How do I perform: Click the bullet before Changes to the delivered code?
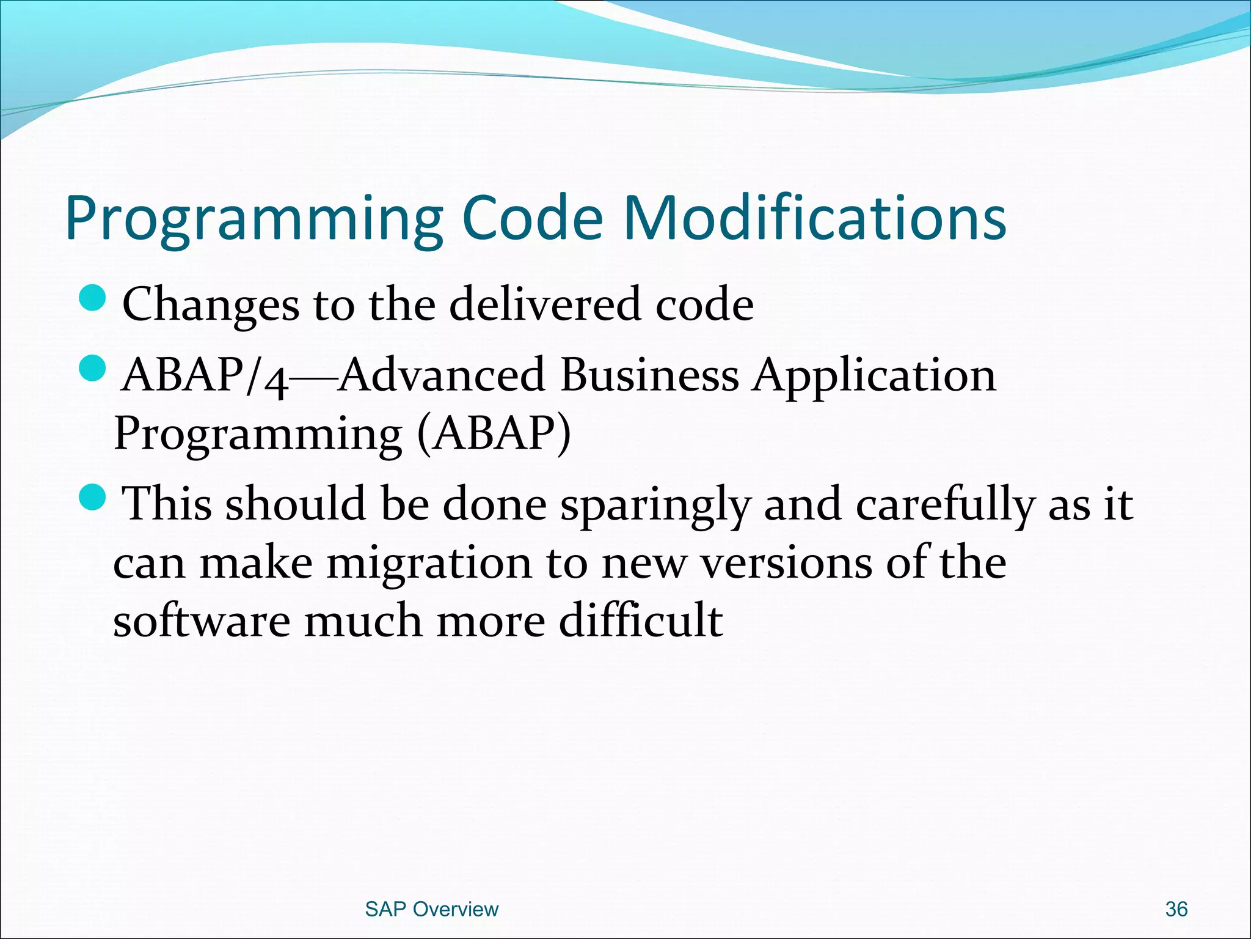coord(93,298)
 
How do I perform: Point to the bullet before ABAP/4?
coord(93,369)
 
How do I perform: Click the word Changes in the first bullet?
coord(211,304)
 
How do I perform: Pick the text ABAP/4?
coord(205,375)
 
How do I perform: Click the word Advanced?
coord(442,374)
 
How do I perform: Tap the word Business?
coord(649,374)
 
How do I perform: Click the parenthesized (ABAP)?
coord(494,433)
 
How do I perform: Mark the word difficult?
coord(641,620)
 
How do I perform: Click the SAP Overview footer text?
coord(431,909)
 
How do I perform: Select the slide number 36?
coord(1176,909)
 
